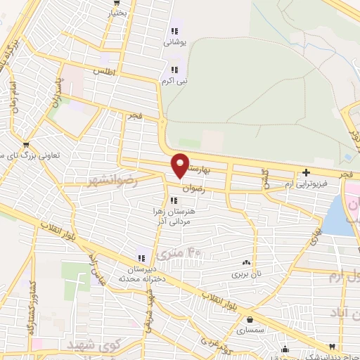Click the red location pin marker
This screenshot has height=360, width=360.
pyautogui.click(x=181, y=165)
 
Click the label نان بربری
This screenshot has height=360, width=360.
pyautogui.click(x=246, y=272)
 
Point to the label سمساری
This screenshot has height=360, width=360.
pyautogui.click(x=250, y=329)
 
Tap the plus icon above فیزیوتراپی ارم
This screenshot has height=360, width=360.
pyautogui.click(x=306, y=172)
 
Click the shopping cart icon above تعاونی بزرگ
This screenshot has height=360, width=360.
pyautogui.click(x=26, y=146)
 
